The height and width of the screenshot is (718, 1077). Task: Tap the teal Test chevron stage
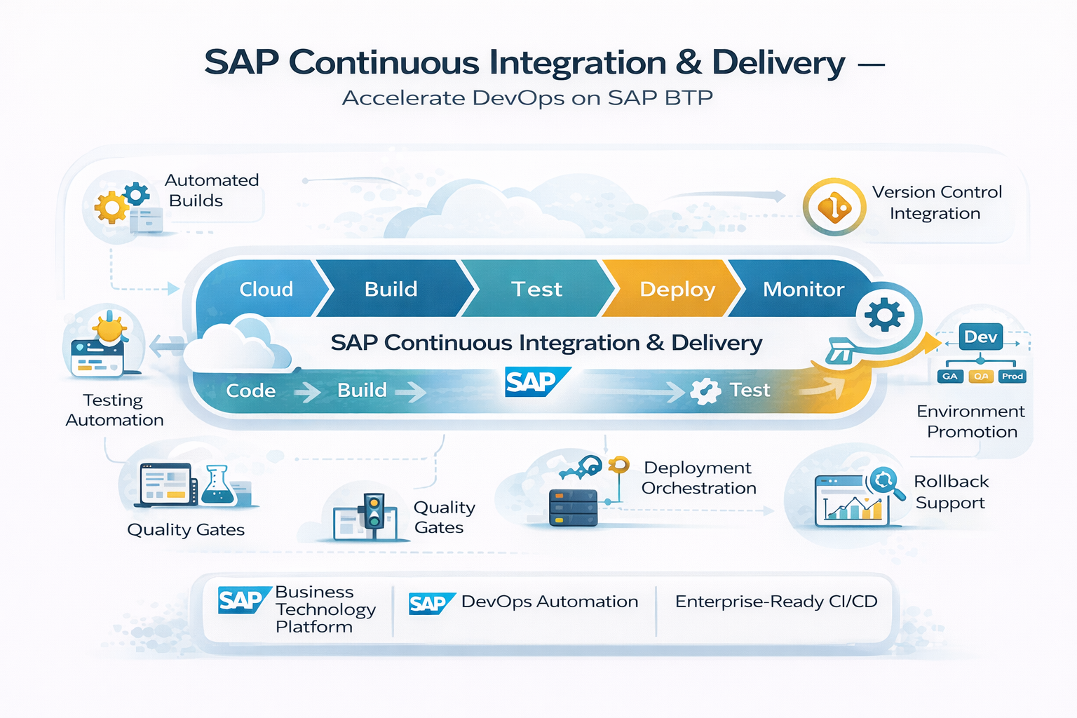coord(536,289)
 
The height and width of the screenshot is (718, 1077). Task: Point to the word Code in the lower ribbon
coord(250,391)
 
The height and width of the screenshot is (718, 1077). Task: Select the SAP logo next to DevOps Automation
coord(430,603)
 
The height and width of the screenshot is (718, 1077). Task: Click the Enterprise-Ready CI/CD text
coord(776,602)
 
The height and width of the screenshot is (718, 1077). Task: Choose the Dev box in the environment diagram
coord(980,337)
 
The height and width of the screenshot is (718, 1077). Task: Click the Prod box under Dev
coord(1012,377)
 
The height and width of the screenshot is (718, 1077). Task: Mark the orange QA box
coord(981,377)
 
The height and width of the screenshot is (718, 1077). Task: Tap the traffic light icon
coord(373,511)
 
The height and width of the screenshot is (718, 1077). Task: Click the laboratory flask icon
coord(217,486)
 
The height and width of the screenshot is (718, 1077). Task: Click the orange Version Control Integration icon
coord(834,207)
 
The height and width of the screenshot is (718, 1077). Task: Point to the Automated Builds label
coord(211,190)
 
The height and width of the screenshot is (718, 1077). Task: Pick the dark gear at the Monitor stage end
coord(884,315)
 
